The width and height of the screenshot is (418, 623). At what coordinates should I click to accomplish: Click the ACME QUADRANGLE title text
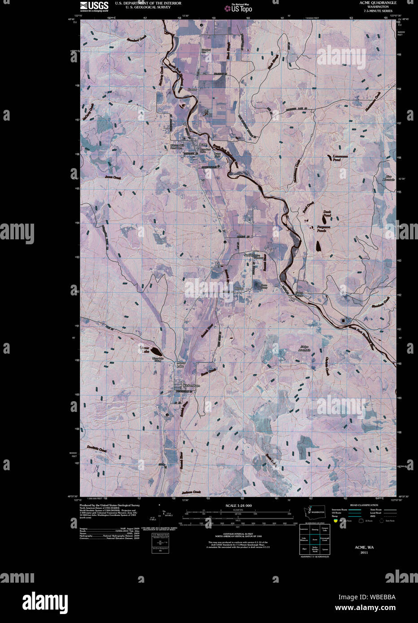pyautogui.click(x=378, y=3)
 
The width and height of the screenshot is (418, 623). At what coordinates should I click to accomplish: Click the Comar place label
pyautogui.click(x=192, y=89)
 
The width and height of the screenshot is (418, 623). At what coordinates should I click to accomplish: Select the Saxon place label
pyautogui.click(x=248, y=255)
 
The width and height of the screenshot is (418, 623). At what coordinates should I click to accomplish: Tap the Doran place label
pyautogui.click(x=239, y=288)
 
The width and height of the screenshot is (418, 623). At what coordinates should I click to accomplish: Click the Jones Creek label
pyautogui.click(x=113, y=177)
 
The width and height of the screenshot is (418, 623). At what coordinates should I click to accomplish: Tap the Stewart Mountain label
pyautogui.click(x=305, y=348)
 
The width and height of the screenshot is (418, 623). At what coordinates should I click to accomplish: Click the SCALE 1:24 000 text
pyautogui.click(x=238, y=506)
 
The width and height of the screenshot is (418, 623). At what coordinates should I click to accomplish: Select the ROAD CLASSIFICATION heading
pyautogui.click(x=364, y=505)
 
